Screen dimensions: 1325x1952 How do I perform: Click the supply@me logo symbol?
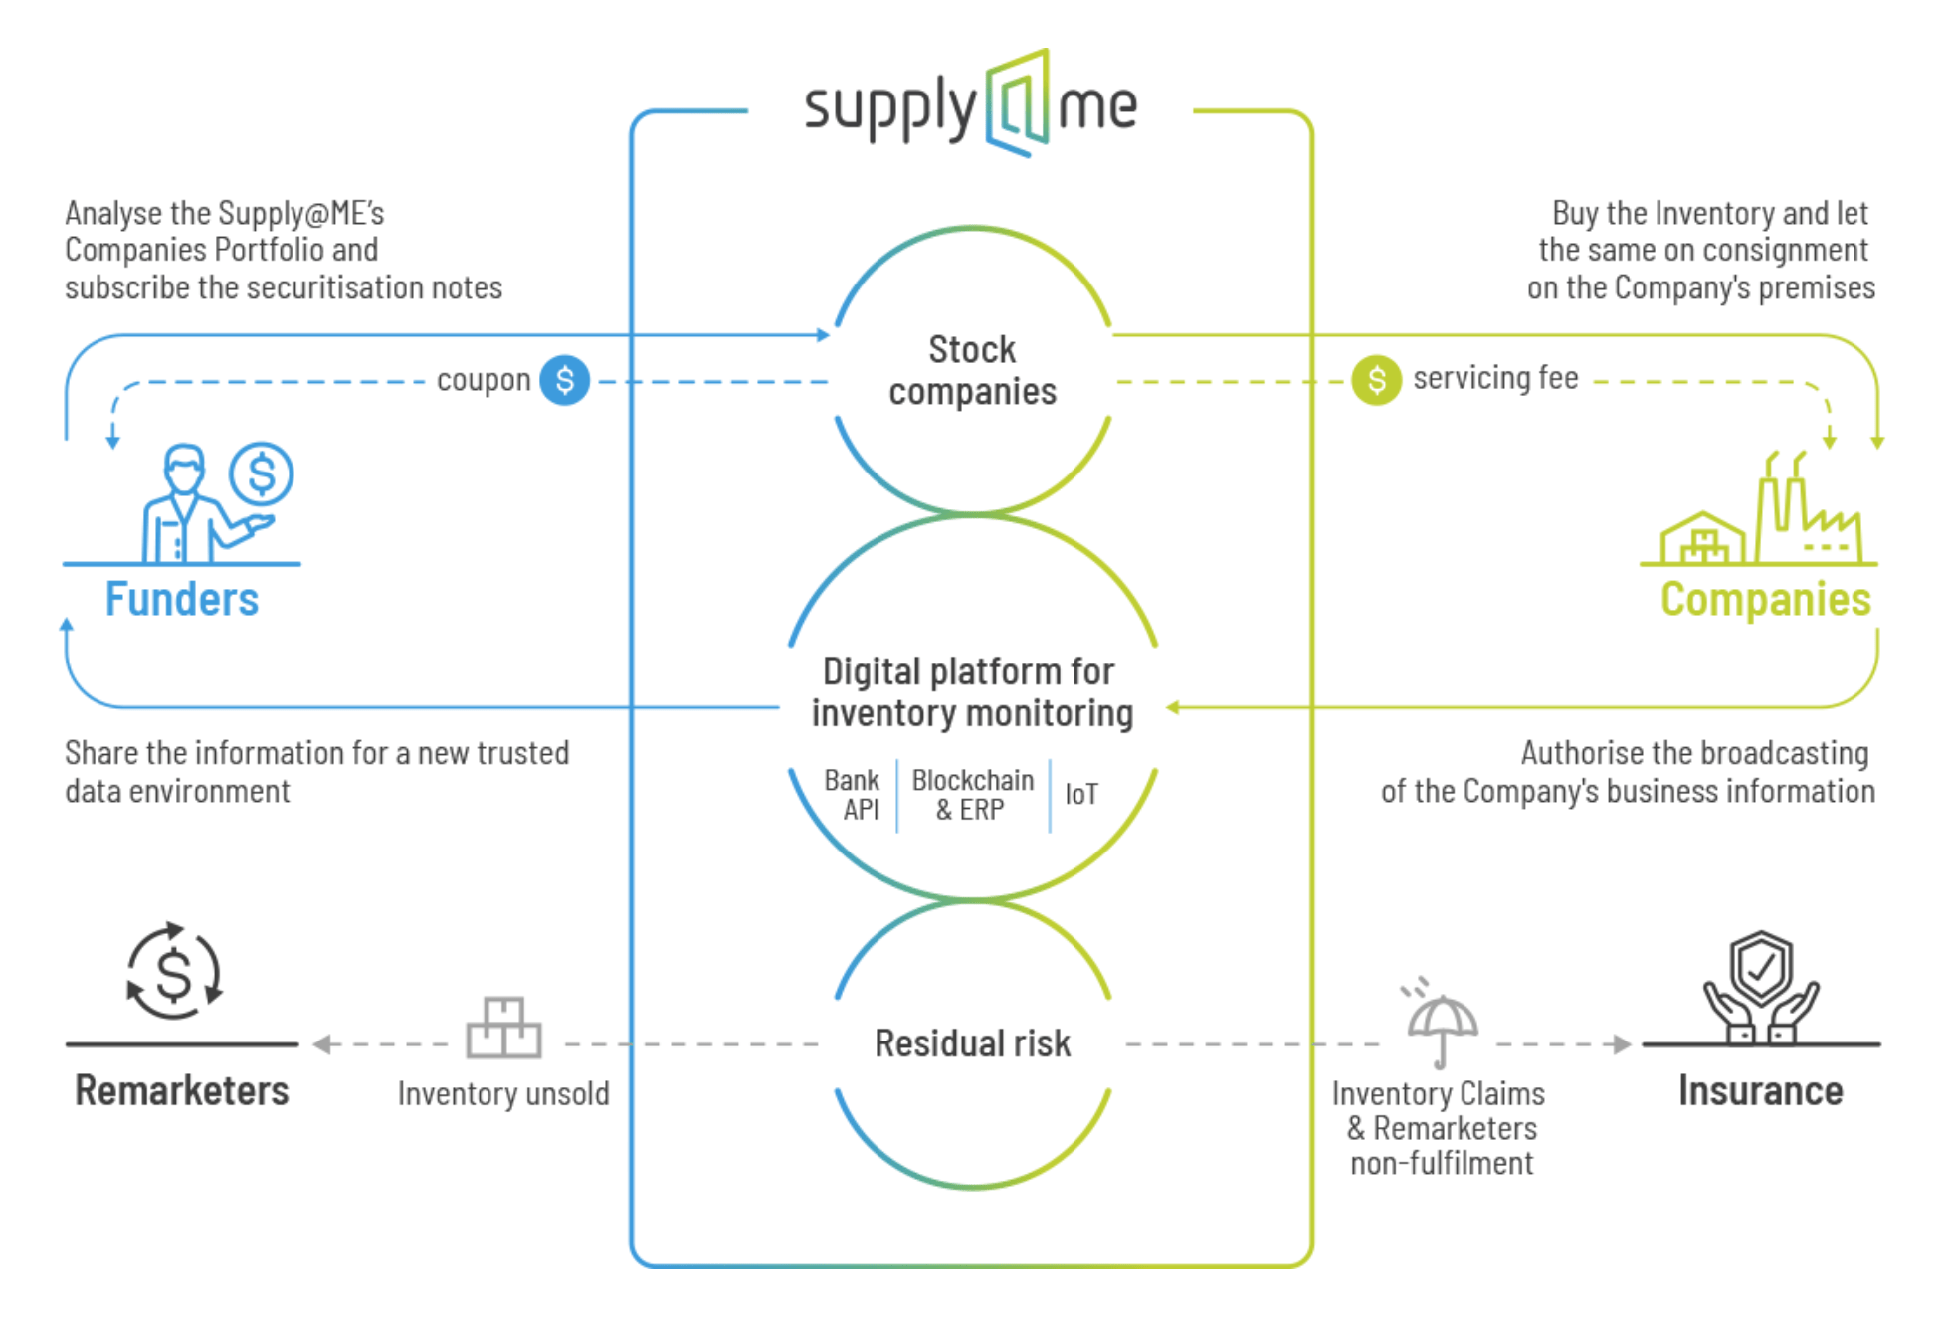[1017, 103]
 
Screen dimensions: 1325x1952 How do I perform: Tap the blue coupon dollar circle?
[564, 380]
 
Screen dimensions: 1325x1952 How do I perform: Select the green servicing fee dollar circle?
[1376, 379]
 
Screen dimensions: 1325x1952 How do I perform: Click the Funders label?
[182, 599]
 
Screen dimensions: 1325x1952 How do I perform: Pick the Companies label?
[1765, 599]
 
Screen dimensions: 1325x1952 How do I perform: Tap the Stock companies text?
[972, 370]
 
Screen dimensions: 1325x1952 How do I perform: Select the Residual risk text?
[972, 1043]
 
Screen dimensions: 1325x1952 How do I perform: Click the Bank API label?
[853, 795]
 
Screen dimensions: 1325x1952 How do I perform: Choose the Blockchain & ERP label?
[972, 795]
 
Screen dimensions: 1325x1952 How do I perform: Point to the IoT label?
[1081, 794]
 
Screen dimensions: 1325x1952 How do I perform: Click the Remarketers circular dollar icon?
[174, 972]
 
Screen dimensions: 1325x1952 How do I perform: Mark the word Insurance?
[1760, 1091]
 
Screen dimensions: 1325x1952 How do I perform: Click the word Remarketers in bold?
[182, 1091]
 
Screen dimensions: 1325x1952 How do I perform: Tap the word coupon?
[484, 380]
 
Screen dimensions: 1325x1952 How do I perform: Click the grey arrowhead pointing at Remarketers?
[321, 1044]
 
